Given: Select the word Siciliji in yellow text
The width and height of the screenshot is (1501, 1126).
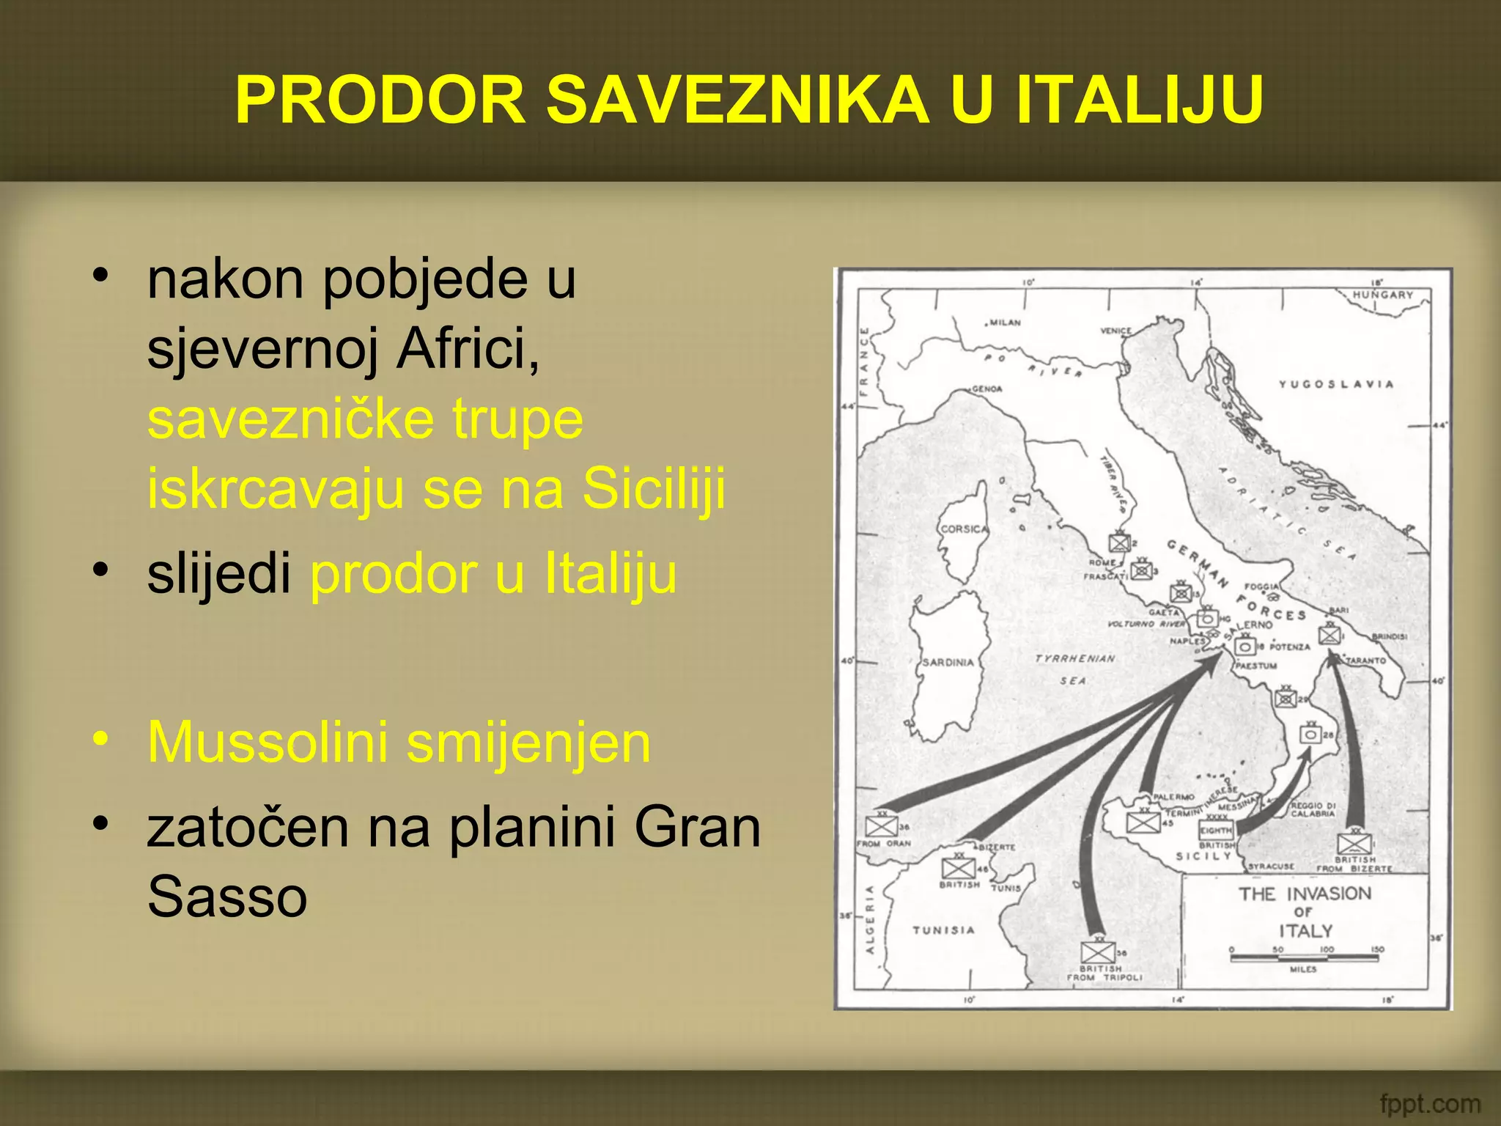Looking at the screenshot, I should pos(654,487).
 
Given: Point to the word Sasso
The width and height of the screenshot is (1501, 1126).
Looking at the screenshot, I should pos(227,897).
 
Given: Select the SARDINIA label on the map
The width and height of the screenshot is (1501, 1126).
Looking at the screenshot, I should pos(948,662).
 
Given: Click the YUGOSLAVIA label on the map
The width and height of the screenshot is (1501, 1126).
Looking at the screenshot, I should pos(1335,384).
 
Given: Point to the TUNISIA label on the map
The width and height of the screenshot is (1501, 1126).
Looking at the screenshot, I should pos(943,930).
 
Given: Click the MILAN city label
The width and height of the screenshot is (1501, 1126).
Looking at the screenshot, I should pos(1005,323).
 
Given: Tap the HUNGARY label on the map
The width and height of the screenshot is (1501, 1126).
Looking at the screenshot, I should pos(1382,295).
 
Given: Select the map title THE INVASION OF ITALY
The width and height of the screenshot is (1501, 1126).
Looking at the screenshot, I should pos(1305,912).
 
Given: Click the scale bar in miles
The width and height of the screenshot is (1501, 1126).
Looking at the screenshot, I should pos(1304,957).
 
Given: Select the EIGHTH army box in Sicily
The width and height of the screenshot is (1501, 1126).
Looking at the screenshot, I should pos(1216,830).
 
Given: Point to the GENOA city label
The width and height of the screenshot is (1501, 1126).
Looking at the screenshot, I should pos(986,389).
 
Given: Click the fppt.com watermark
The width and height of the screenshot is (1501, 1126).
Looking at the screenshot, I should pos(1428,1103).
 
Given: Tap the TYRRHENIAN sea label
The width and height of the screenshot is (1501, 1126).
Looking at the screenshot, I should pos(1074,658).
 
